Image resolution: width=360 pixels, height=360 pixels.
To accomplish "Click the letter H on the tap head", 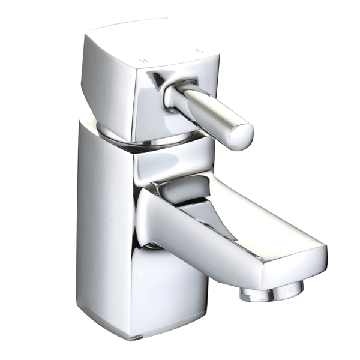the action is coord(144,61).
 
